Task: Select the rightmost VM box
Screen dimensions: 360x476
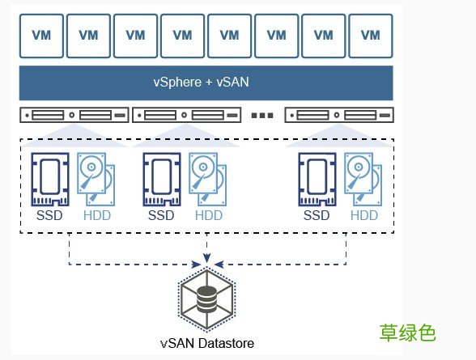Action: (x=370, y=35)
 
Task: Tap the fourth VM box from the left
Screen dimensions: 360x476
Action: (x=182, y=35)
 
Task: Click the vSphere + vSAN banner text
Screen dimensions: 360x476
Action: (x=206, y=82)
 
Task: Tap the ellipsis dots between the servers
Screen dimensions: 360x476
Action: (x=263, y=116)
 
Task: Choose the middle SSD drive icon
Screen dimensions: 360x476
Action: (x=160, y=179)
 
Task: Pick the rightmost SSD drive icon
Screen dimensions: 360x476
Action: (x=316, y=179)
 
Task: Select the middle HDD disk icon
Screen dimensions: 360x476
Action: (x=209, y=180)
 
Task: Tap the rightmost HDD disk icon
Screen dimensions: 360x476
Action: (x=364, y=180)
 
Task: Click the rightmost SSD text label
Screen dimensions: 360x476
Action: (x=316, y=215)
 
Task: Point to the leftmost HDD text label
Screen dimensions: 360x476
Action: (x=97, y=215)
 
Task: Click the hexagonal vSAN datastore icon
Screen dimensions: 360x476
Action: (x=206, y=300)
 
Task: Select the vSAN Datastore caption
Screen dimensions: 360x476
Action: (x=206, y=343)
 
